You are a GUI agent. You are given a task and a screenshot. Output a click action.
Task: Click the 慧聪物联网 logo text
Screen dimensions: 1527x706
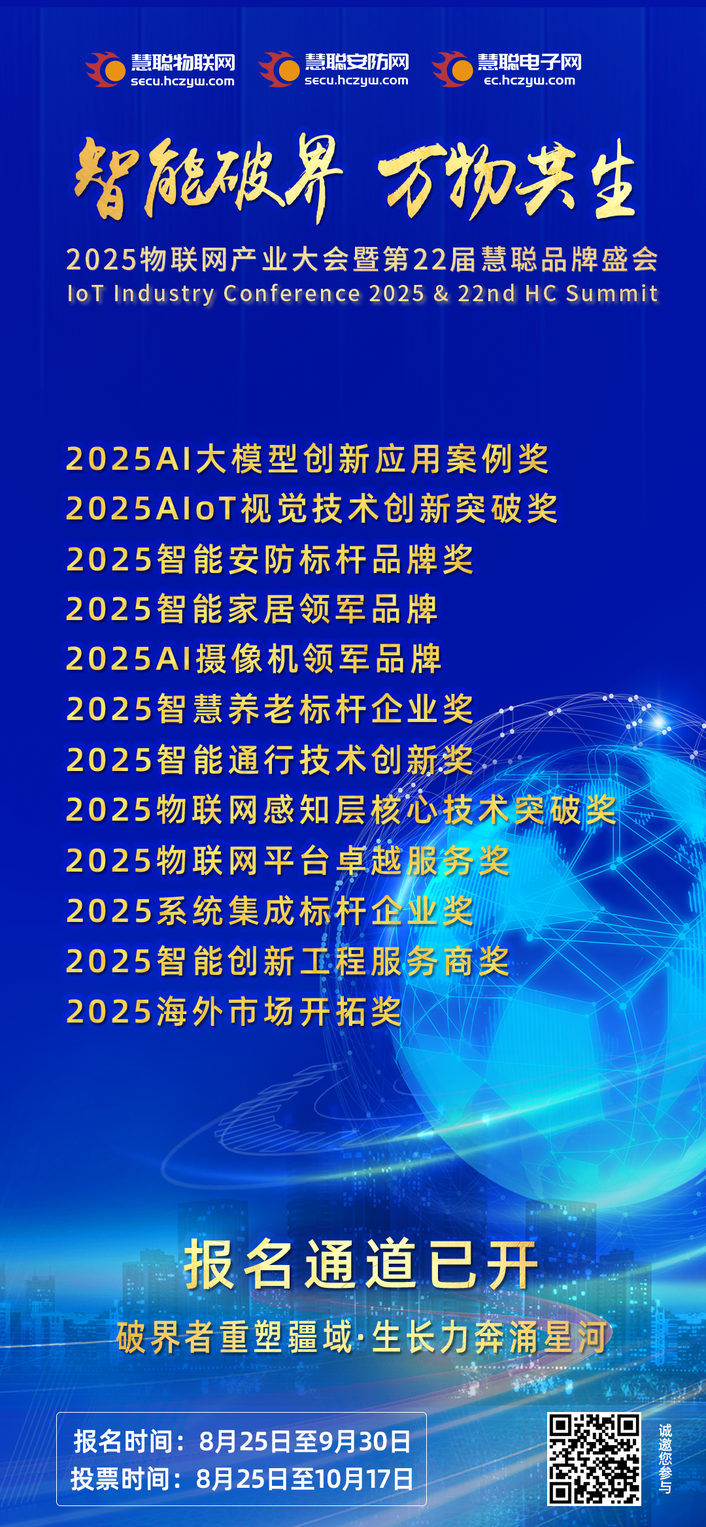pyautogui.click(x=182, y=62)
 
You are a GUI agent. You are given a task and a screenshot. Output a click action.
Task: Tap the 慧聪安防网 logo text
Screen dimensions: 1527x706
pyautogui.click(x=356, y=62)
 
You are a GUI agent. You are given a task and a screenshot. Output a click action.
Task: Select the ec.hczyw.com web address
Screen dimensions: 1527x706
pyautogui.click(x=529, y=81)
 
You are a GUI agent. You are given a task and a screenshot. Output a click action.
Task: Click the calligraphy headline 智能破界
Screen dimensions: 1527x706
pyautogui.click(x=208, y=178)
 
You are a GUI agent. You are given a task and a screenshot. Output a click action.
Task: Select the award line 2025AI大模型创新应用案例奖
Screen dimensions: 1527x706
pyautogui.click(x=307, y=459)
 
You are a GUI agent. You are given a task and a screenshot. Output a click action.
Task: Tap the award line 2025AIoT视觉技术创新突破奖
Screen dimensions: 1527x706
pyautogui.click(x=312, y=508)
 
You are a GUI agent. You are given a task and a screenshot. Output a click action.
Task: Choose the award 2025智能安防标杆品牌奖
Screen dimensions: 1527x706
pyautogui.click(x=269, y=559)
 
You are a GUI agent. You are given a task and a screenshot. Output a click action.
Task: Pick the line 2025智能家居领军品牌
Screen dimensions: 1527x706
pyautogui.click(x=252, y=609)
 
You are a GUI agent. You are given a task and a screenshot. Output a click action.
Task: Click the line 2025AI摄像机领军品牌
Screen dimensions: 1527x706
pyautogui.click(x=254, y=659)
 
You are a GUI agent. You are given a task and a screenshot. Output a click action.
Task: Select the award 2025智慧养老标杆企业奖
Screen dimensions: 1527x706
pyautogui.click(x=269, y=709)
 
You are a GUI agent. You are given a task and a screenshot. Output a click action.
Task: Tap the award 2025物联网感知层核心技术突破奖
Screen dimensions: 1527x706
pyautogui.click(x=341, y=810)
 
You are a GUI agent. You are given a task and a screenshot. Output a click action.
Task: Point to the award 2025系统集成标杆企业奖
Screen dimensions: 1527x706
pyautogui.click(x=269, y=911)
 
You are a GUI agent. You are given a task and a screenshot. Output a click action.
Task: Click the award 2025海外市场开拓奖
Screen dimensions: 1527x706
pyautogui.click(x=233, y=1011)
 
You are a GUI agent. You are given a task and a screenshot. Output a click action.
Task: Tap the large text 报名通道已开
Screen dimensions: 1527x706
pyautogui.click(x=361, y=1265)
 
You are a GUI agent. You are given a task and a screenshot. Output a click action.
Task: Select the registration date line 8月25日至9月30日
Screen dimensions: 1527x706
pyautogui.click(x=305, y=1441)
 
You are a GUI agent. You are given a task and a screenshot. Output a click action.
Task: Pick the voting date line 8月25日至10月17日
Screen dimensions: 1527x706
pyautogui.click(x=305, y=1479)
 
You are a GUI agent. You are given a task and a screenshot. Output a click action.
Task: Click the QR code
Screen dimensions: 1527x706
pyautogui.click(x=594, y=1459)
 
